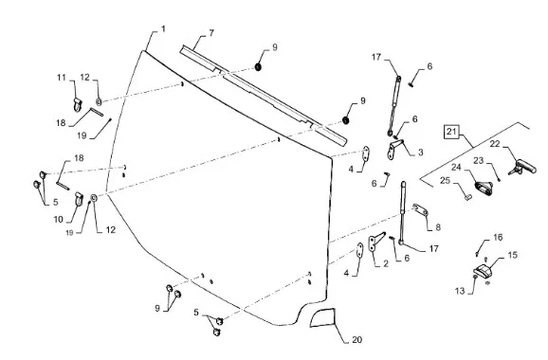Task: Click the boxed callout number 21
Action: click(451, 132)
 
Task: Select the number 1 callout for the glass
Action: click(163, 29)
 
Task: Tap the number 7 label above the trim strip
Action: click(211, 33)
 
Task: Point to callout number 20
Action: click(356, 339)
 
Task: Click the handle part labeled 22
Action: click(523, 167)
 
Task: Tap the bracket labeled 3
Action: click(394, 149)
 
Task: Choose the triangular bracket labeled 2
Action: click(375, 242)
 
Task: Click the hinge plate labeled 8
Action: click(421, 209)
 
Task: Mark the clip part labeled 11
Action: click(78, 105)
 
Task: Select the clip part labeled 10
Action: click(79, 199)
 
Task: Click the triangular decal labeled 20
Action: click(322, 317)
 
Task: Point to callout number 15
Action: click(512, 255)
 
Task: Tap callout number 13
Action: click(460, 291)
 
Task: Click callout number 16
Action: click(498, 238)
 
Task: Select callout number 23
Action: click(479, 161)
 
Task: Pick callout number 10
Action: click(59, 219)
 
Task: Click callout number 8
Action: click(438, 227)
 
